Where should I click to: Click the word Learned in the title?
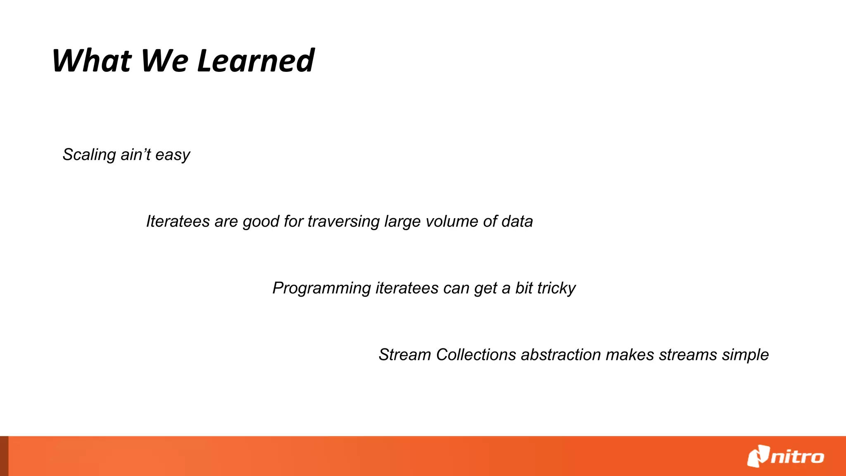256,61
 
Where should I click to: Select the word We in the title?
164,61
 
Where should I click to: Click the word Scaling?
89,155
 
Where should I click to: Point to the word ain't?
135,155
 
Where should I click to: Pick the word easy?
173,155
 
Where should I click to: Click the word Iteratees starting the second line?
178,221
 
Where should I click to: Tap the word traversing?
343,222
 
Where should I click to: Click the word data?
517,221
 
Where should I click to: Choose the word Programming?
321,288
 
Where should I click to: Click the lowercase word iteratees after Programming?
406,288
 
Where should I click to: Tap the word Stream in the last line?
405,355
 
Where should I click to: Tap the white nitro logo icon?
758,456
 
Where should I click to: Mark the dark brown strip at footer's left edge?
4,456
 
